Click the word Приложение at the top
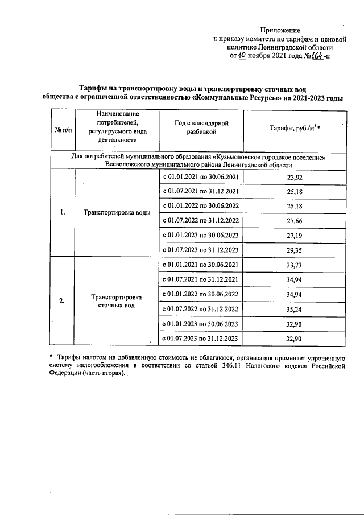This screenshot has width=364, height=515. pos(280,30)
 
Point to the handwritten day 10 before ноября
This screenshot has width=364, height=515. pos(242,56)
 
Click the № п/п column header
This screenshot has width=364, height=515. pos(63,130)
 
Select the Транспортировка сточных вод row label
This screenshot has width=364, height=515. pos(117,301)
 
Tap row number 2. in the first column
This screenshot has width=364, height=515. pos(63,301)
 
